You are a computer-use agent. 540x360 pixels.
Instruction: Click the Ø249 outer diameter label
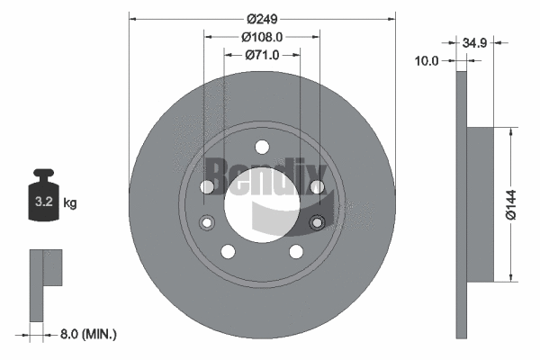(262, 20)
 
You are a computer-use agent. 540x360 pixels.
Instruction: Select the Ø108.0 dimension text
(262, 37)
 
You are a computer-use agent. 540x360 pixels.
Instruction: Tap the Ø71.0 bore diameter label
(262, 55)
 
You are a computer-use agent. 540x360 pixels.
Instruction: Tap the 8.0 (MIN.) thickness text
(86, 334)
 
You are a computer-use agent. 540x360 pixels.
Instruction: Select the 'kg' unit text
(70, 203)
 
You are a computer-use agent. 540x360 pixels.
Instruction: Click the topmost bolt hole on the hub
(262, 148)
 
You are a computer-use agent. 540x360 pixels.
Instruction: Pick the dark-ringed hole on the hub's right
(316, 222)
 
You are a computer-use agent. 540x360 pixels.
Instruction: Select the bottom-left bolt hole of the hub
(228, 252)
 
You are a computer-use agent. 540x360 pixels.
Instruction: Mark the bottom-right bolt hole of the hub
(295, 252)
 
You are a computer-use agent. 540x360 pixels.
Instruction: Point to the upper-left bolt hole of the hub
(207, 187)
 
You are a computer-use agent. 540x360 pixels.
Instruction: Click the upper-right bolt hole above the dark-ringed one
(316, 187)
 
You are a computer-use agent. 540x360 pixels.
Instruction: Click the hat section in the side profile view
(481, 203)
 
